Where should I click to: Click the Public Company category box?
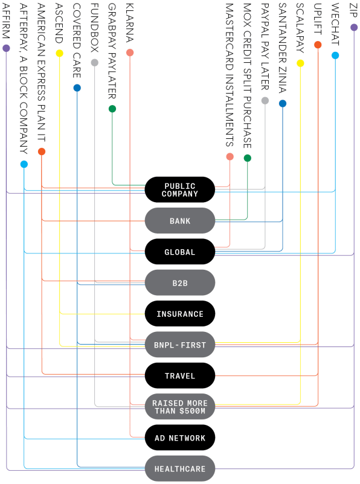coord(180,189)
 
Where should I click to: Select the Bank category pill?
coord(180,221)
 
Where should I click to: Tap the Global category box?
coord(180,252)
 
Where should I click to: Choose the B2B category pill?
coord(180,283)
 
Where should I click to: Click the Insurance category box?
coord(180,314)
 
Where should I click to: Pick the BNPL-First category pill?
coord(180,345)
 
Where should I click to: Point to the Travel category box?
coord(180,375)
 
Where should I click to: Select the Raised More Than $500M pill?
coord(180,407)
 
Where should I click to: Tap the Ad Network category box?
coord(180,438)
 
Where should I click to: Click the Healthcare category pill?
coord(180,468)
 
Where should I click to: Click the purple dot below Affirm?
coord(6,48)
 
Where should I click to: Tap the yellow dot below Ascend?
coord(59,53)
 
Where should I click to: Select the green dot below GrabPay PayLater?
coord(112,109)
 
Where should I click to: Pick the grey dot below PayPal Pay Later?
coord(265,100)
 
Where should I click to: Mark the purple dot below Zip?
coord(354,27)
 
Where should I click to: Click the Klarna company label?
coord(130,22)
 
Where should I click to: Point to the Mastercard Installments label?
coord(230,75)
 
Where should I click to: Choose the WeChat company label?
coord(335,24)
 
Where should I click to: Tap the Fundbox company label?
coord(95,28)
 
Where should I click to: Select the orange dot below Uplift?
coord(318,45)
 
